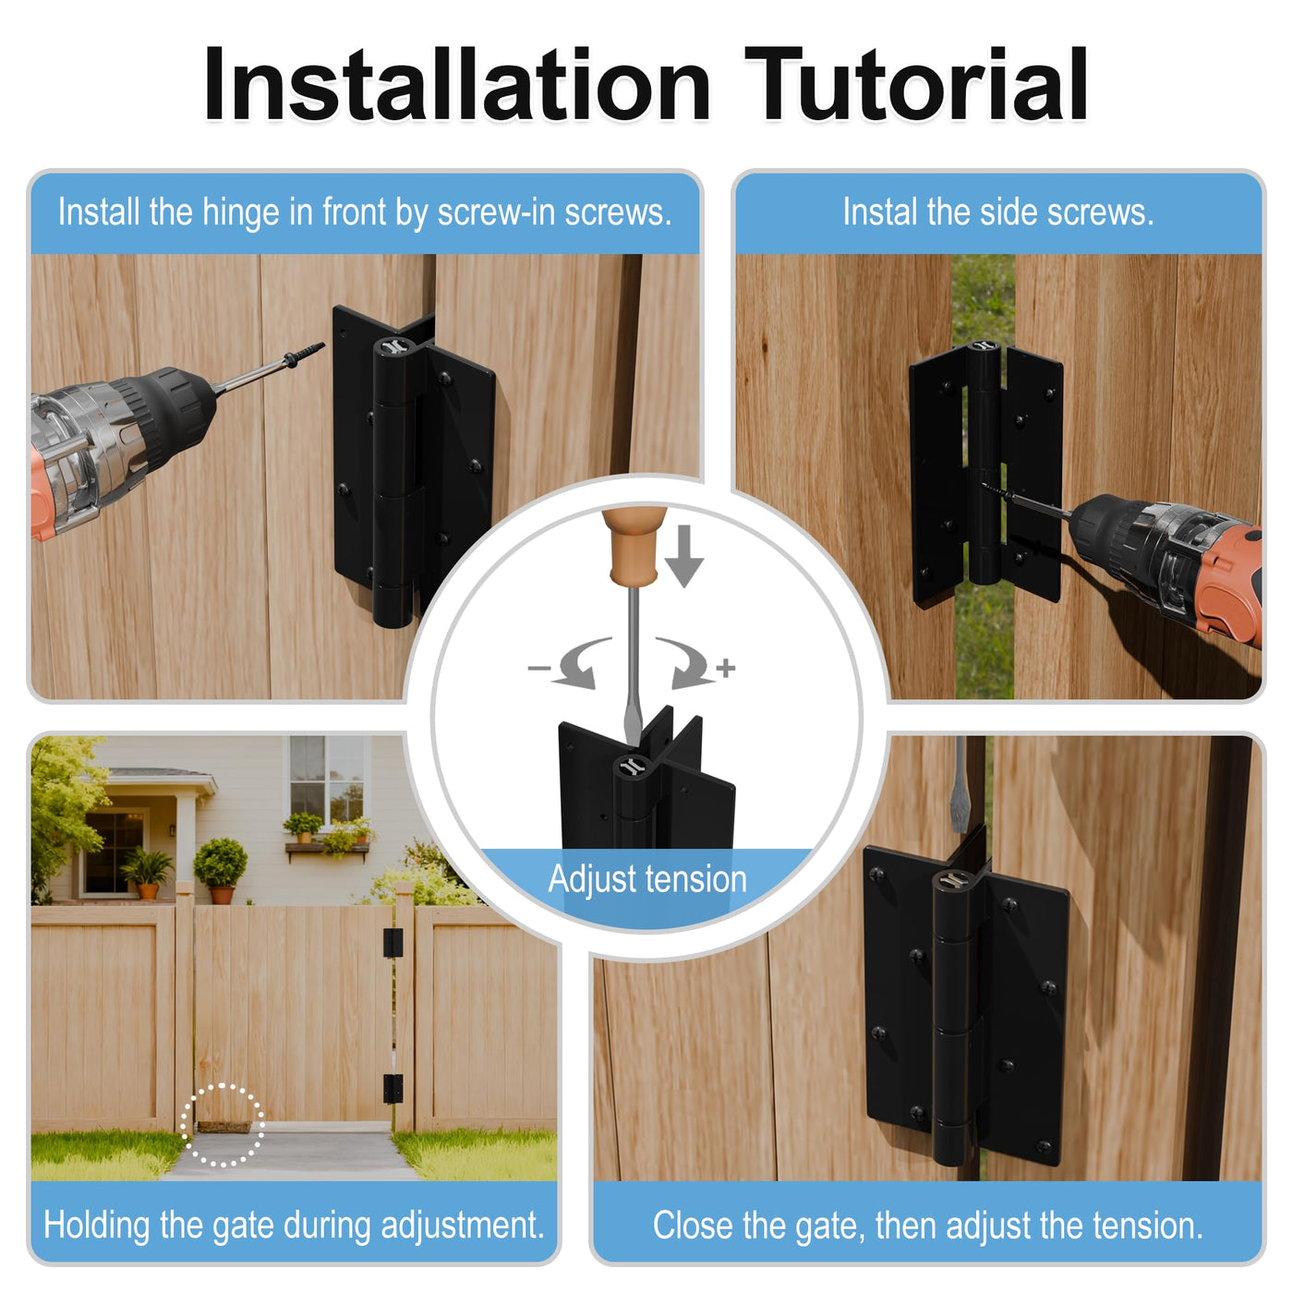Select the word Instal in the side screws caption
880,212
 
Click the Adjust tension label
647,879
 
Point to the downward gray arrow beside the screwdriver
683,556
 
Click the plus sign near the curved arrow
725,668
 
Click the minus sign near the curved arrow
538,668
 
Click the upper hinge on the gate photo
393,942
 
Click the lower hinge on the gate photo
393,1088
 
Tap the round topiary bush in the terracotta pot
221,863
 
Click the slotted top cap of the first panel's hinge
392,347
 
